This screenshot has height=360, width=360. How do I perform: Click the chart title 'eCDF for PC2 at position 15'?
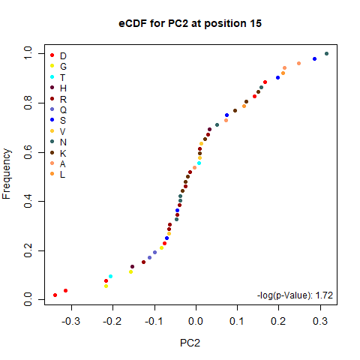click(190, 24)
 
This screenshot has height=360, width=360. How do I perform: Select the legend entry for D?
click(58, 55)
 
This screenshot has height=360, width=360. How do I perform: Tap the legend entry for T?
click(58, 77)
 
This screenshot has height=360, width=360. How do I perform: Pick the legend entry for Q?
click(58, 109)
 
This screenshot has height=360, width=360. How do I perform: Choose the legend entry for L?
click(58, 174)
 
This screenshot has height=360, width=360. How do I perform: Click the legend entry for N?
click(58, 142)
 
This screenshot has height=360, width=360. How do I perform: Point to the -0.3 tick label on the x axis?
click(70, 321)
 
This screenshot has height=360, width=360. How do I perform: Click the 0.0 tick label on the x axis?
click(196, 321)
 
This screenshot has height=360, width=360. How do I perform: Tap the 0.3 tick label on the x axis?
click(320, 321)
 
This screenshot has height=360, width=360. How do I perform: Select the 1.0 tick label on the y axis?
click(28, 53)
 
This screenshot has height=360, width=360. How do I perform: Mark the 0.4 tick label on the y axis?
click(28, 201)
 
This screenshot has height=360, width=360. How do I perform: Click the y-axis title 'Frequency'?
click(7, 174)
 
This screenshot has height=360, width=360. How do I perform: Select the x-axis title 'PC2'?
click(190, 343)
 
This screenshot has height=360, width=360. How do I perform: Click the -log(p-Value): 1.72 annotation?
click(295, 295)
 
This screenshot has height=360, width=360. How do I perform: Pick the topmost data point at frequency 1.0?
click(326, 53)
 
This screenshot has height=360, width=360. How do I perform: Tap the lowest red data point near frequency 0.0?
click(55, 295)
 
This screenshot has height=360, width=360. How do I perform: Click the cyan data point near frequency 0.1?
click(110, 276)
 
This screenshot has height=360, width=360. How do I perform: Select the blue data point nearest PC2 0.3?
click(314, 58)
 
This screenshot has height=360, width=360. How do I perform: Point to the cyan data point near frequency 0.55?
click(199, 163)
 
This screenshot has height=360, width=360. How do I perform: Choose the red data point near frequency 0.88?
click(265, 82)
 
